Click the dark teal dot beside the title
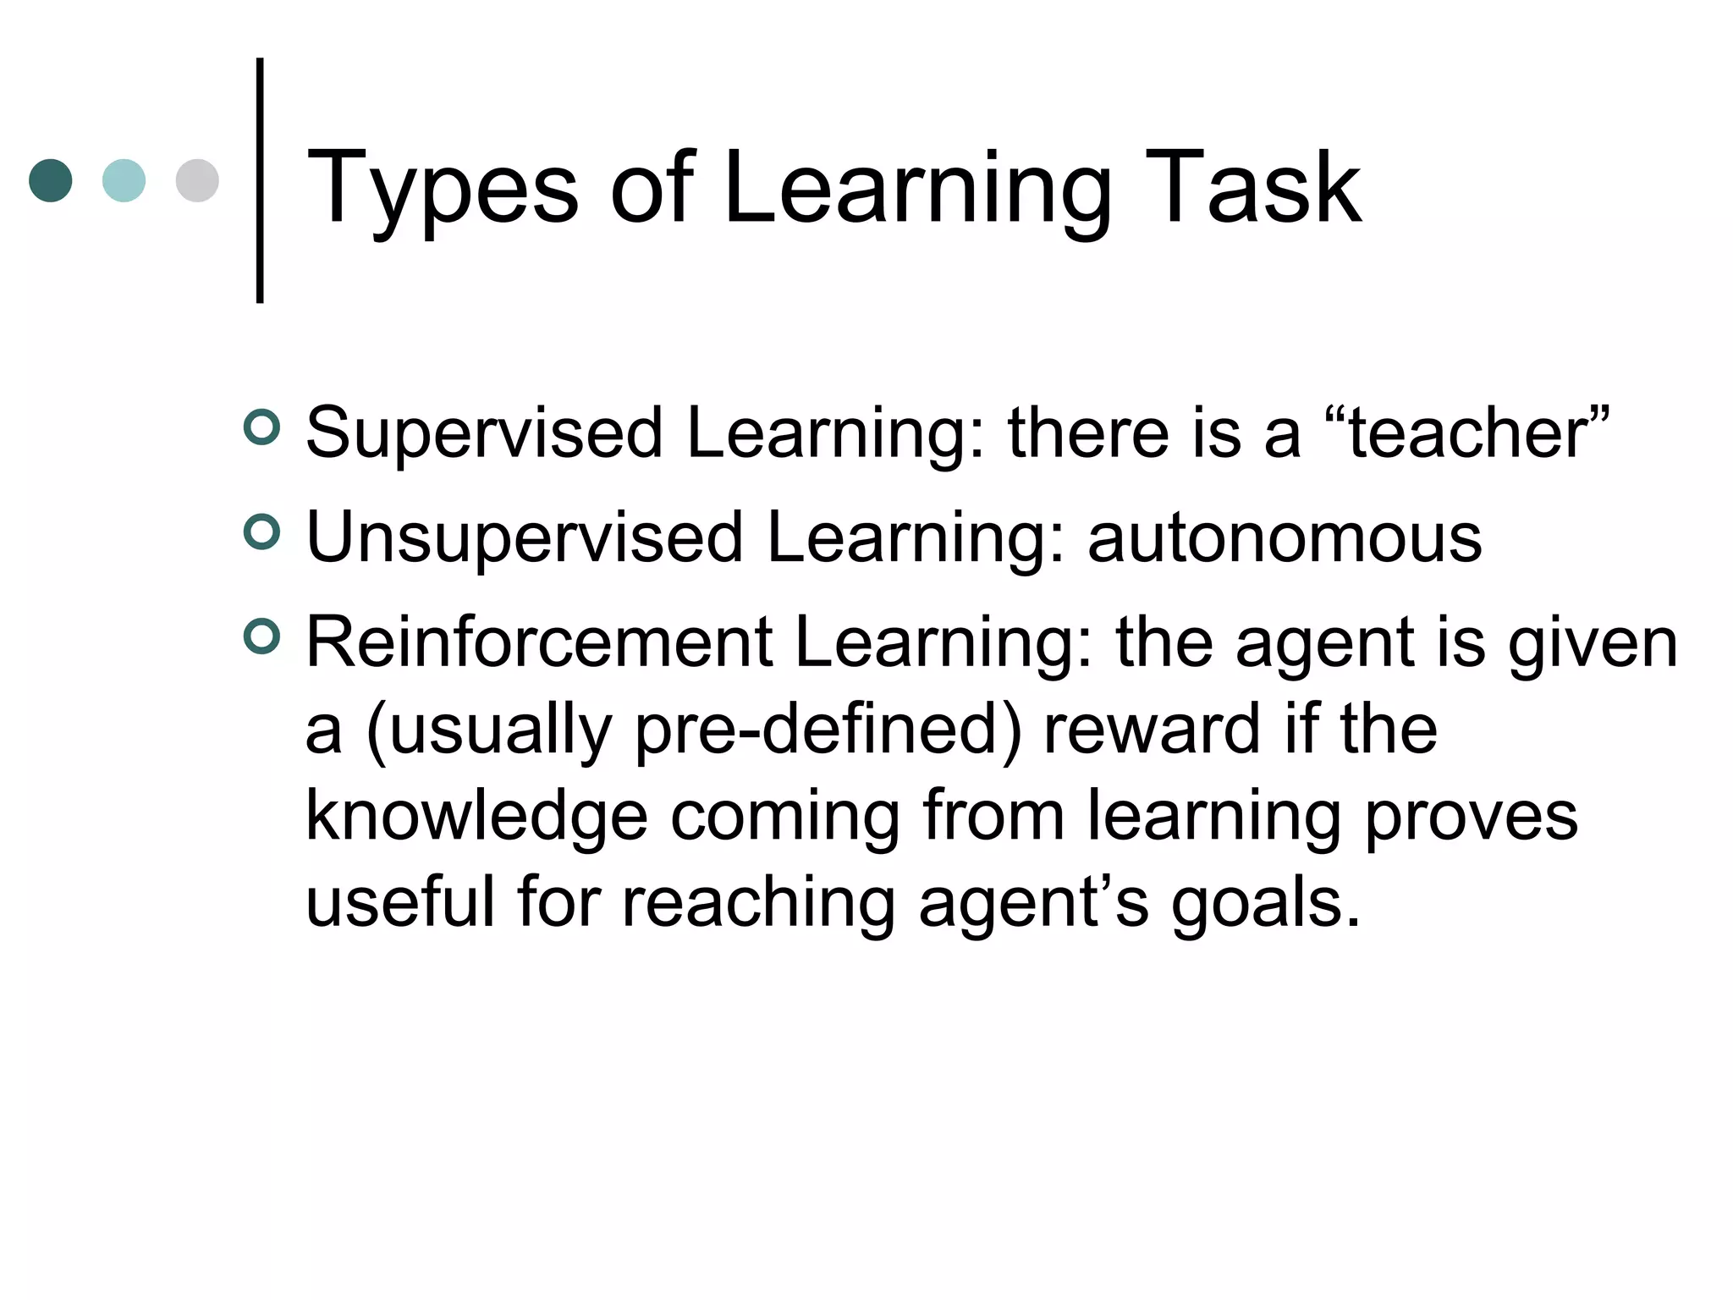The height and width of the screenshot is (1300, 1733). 51,180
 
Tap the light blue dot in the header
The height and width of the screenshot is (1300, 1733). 124,180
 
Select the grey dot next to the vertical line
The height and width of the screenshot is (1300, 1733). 197,180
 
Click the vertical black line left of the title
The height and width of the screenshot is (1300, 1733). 260,180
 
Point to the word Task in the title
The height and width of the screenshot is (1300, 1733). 1252,188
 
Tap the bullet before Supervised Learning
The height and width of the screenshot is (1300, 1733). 261,427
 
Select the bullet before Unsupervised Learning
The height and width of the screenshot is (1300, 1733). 261,532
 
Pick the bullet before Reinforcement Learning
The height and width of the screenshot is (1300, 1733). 261,636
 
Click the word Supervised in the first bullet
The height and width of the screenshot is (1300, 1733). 484,433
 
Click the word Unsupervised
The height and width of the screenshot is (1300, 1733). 524,538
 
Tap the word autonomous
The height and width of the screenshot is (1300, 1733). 1285,538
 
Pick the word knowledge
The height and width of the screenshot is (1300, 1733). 476,818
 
